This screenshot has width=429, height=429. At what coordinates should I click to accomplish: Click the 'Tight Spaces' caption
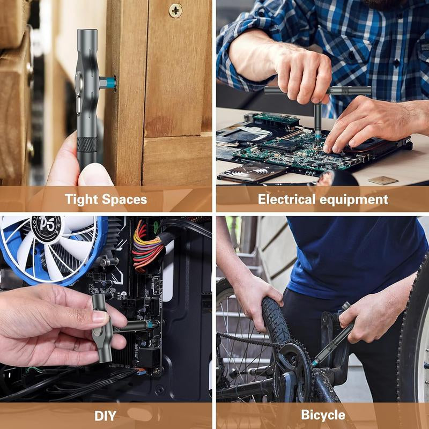[x=106, y=199]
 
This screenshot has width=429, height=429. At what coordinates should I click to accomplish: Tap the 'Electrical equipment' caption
[x=323, y=199]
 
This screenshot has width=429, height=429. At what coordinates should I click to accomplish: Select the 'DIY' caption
[x=106, y=415]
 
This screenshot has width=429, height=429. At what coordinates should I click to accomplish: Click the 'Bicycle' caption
[x=323, y=415]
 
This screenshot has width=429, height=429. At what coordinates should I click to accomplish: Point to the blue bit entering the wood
[x=110, y=83]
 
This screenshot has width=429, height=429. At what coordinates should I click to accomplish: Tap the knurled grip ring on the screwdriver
[x=87, y=144]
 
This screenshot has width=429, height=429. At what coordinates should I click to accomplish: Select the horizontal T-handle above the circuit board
[x=317, y=91]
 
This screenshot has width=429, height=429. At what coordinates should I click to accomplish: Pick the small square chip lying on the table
[x=383, y=180]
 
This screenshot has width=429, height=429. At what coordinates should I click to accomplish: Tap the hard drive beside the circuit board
[x=252, y=172]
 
